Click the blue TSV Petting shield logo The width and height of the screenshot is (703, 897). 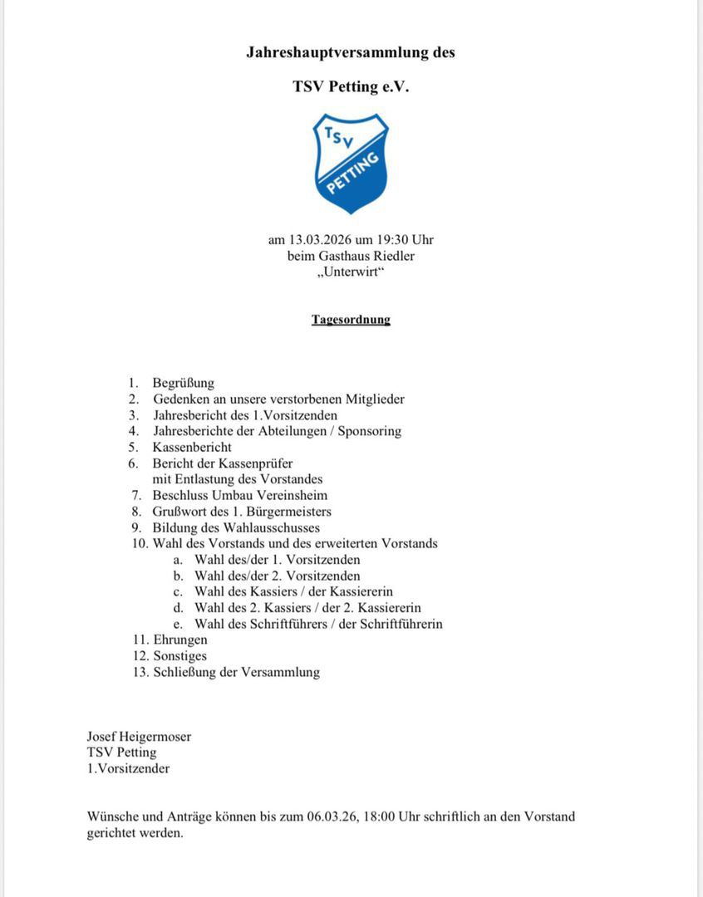click(x=351, y=164)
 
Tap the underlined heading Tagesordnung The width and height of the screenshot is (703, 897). click(x=351, y=319)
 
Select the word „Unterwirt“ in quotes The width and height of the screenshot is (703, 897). click(x=351, y=272)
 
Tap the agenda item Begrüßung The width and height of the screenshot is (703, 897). click(x=183, y=383)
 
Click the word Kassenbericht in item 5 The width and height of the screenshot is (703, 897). click(x=192, y=447)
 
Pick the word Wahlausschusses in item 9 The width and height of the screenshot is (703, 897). click(x=274, y=527)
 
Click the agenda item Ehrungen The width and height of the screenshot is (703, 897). click(x=180, y=640)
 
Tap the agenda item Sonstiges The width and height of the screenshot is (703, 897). click(x=180, y=656)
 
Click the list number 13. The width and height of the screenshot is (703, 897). click(x=140, y=672)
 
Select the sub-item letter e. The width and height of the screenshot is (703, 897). click(x=177, y=624)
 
